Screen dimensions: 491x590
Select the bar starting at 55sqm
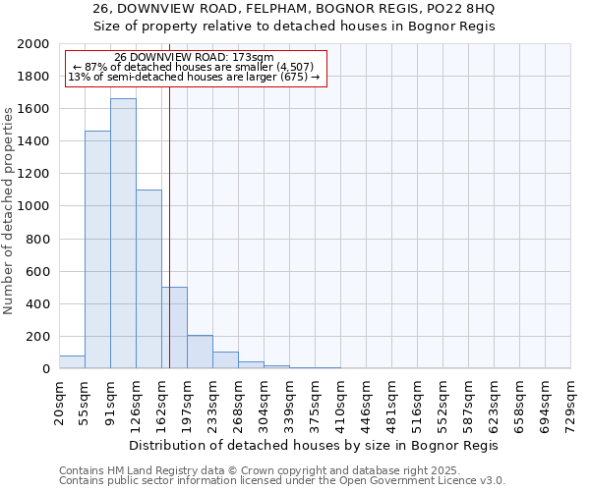pos(97,249)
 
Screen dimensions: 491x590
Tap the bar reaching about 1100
pos(148,279)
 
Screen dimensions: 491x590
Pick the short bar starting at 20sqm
pos(72,362)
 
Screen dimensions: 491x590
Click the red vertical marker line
pos(169,196)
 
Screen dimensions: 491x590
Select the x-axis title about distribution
pos(314,445)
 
